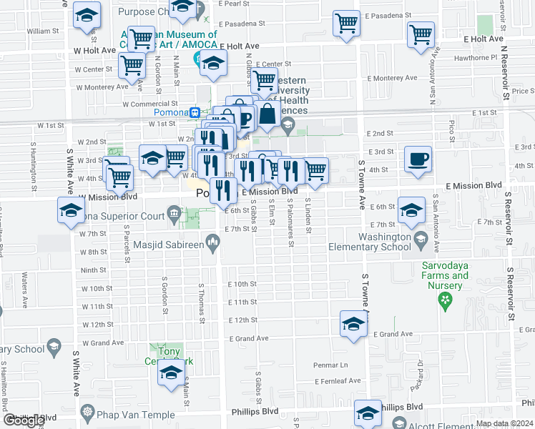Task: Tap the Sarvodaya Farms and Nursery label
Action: point(449,275)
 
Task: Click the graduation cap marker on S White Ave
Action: point(71,211)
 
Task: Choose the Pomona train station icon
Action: point(195,112)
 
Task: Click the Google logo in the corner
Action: point(24,420)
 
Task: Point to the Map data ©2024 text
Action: point(504,423)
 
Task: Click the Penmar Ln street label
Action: point(330,365)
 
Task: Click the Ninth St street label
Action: point(93,270)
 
